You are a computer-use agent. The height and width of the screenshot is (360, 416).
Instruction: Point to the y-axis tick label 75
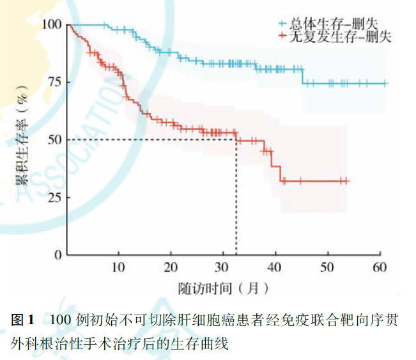pyautogui.click(x=54, y=82)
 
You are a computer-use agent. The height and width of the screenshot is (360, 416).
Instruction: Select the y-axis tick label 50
pyautogui.click(x=54, y=139)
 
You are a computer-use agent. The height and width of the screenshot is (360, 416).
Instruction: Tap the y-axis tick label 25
pyautogui.click(x=54, y=197)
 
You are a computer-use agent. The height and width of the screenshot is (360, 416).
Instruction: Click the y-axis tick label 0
pyautogui.click(x=58, y=254)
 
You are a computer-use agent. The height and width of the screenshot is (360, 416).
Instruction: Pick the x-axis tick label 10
pyautogui.click(x=118, y=267)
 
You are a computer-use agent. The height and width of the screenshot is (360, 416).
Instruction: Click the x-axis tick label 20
pyautogui.click(x=171, y=267)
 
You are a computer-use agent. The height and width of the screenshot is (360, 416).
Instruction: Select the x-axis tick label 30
pyautogui.click(x=222, y=267)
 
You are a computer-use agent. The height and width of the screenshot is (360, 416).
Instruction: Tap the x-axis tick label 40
pyautogui.click(x=275, y=267)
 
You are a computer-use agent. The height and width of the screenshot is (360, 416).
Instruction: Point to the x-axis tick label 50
pyautogui.click(x=327, y=267)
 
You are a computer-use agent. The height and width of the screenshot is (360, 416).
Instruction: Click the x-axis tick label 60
pyautogui.click(x=380, y=267)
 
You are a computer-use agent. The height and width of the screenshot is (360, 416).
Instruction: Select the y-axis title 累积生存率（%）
pyautogui.click(x=22, y=141)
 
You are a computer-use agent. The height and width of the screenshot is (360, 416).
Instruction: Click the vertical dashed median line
pyautogui.click(x=236, y=198)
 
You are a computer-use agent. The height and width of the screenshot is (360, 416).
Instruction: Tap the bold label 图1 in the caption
pyautogui.click(x=23, y=320)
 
